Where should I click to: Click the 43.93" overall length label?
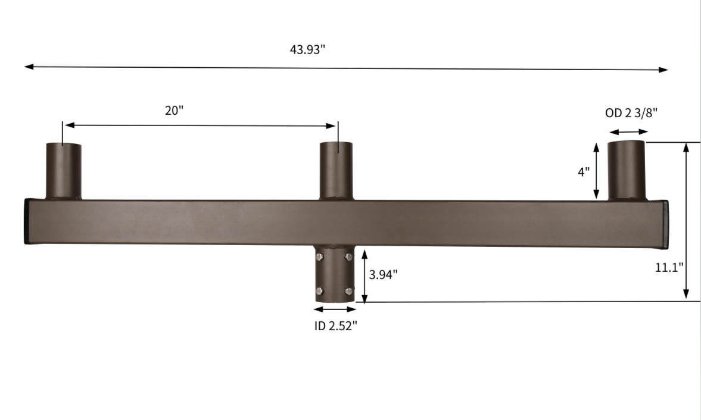coord(307,49)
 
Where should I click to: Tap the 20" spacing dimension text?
coord(173,111)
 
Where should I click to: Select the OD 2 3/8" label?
coord(631,113)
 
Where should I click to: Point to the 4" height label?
coord(584,172)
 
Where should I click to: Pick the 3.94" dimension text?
coord(383,274)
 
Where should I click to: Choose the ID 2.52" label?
coord(335,326)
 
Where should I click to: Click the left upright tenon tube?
coord(64,171)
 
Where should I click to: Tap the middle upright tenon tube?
coord(336,171)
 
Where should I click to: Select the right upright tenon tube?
coord(626,170)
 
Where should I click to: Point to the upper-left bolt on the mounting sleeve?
coord(320,257)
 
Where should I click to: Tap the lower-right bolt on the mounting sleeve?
coord(348,291)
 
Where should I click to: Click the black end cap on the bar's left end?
coord(26,221)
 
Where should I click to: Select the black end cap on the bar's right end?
coord(665,224)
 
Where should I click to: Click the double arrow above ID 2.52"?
coord(335,309)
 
